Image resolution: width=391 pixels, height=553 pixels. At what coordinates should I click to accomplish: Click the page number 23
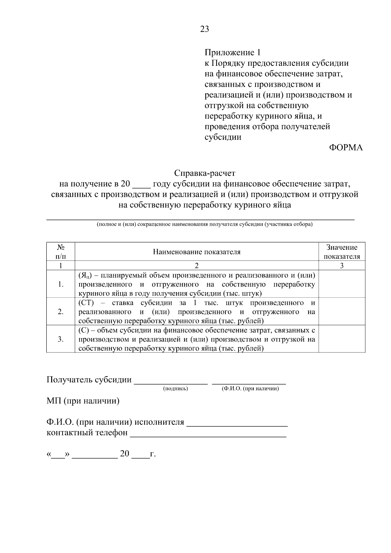204,29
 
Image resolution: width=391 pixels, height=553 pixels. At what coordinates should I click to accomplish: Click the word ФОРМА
345,148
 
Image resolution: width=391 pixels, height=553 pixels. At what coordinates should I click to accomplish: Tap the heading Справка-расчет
204,173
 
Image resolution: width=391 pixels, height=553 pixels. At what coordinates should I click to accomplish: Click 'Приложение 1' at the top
233,52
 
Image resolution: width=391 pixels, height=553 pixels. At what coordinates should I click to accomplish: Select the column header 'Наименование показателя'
196,252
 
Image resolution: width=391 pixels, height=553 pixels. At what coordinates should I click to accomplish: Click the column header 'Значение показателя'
341,252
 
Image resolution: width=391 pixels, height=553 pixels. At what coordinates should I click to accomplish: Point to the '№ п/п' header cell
61,252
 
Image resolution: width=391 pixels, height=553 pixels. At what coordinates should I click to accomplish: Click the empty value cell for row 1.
341,284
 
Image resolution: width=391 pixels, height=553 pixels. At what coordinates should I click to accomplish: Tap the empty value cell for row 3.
341,339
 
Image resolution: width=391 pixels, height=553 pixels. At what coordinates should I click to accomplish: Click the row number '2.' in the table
61,312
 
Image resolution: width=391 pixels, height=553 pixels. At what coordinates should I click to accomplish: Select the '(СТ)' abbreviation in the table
86,303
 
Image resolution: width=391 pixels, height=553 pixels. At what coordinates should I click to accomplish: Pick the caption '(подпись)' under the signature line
175,389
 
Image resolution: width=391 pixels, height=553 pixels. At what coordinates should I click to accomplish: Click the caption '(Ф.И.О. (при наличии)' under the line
250,389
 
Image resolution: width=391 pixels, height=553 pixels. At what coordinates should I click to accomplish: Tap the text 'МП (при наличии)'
83,401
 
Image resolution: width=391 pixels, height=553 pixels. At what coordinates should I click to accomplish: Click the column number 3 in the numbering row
341,266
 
